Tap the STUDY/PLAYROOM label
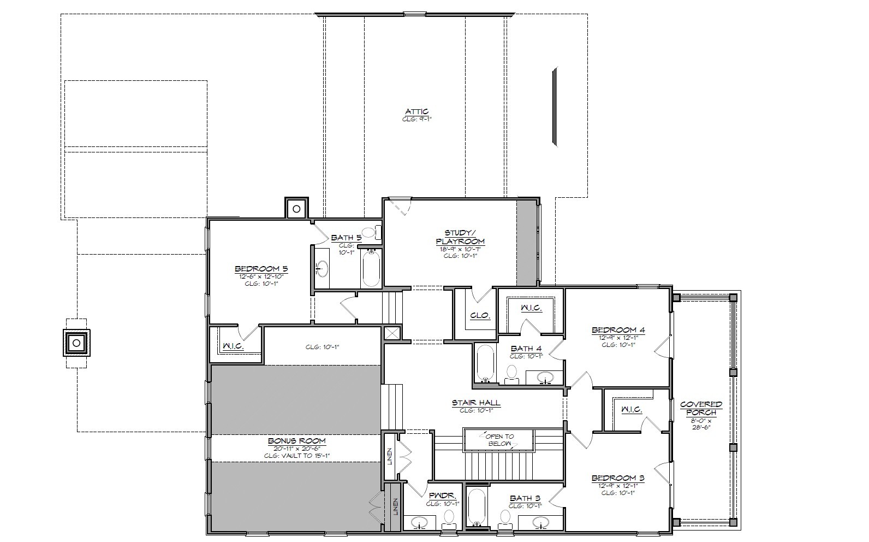460,237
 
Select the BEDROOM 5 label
261,269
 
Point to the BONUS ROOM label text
296,440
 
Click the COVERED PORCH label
701,408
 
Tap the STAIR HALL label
476,403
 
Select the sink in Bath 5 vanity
322,268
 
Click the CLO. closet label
480,316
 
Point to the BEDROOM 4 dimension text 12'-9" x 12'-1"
618,338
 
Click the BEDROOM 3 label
618,478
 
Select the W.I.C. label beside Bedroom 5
233,346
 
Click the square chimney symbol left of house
76,343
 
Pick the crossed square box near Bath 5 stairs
392,333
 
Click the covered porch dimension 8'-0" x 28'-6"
700,424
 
